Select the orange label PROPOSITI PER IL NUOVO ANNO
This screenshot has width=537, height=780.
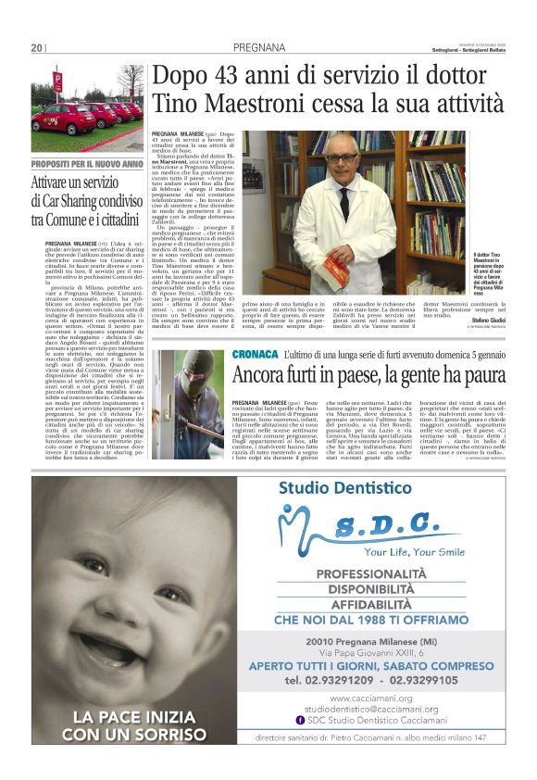tap(87, 164)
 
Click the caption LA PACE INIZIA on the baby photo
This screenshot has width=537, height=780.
tap(133, 717)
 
